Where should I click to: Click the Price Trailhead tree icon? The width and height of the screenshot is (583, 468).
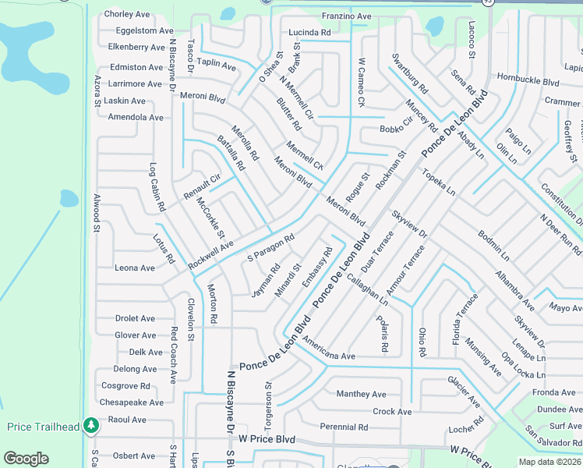(x=92, y=425)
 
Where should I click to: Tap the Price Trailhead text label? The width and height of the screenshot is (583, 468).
(x=44, y=427)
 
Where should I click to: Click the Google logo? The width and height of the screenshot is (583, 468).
(x=26, y=459)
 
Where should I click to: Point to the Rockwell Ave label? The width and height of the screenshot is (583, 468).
(x=210, y=255)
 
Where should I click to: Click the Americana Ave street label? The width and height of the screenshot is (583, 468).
(x=329, y=349)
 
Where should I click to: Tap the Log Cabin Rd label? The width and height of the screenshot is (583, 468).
(x=157, y=187)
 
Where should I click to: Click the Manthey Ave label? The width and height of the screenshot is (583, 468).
(x=361, y=394)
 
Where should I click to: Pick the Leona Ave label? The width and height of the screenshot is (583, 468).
(x=135, y=268)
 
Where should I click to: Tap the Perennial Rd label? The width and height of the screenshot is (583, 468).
(x=344, y=427)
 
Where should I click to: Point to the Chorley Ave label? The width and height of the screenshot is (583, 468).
(x=127, y=14)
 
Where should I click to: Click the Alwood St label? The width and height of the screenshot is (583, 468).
(x=97, y=213)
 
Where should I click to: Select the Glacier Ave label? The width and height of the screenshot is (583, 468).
(x=464, y=390)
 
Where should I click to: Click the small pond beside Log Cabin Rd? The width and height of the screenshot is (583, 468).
(x=69, y=198)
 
